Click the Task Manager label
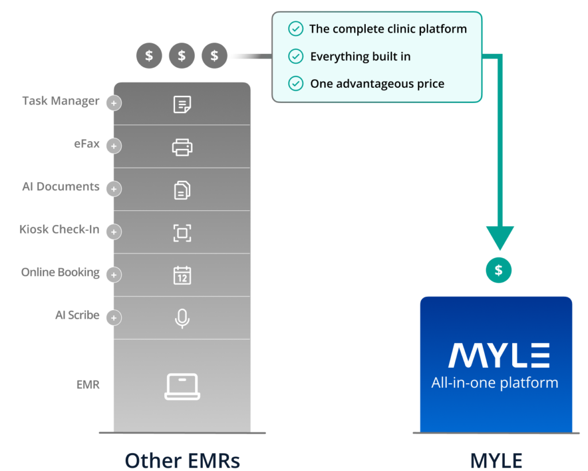(x=61, y=101)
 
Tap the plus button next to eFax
(x=114, y=146)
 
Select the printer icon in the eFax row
(x=182, y=147)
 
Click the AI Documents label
(x=61, y=186)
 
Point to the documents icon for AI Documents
(x=182, y=190)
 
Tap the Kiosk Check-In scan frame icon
(x=182, y=233)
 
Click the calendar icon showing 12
(x=182, y=276)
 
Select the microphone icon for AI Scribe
(x=182, y=319)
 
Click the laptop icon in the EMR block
(x=182, y=387)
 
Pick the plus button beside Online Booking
(x=114, y=275)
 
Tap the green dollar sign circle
(x=499, y=270)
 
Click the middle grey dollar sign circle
(x=182, y=56)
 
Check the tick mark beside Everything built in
(x=296, y=56)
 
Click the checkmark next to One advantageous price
(x=296, y=84)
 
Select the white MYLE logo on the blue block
(x=499, y=355)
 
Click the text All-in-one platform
(x=495, y=383)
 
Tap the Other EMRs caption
(x=182, y=460)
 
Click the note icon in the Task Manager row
(x=182, y=104)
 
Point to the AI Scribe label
(x=78, y=315)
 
